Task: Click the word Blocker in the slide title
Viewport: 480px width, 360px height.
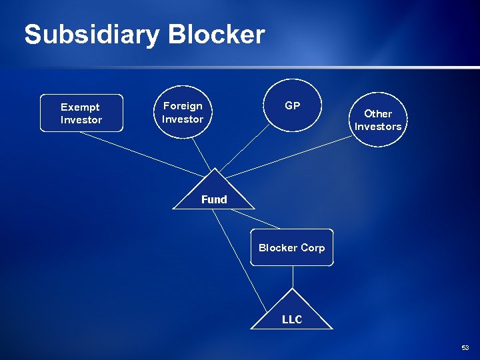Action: (x=216, y=35)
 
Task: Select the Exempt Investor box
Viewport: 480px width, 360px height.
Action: (x=81, y=113)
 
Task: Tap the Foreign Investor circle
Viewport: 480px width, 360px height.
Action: (x=183, y=112)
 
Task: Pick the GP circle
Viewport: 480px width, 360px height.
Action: (x=293, y=105)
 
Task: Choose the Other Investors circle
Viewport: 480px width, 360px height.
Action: (x=378, y=120)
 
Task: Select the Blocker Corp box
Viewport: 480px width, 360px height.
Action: (x=291, y=247)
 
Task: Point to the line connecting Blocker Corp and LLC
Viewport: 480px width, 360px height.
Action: (x=292, y=277)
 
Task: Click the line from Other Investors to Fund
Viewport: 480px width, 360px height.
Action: (x=293, y=155)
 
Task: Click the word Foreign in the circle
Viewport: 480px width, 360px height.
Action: (x=183, y=106)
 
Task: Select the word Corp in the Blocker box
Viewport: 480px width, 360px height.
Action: (x=312, y=247)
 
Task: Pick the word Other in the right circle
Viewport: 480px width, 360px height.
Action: (x=378, y=114)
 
